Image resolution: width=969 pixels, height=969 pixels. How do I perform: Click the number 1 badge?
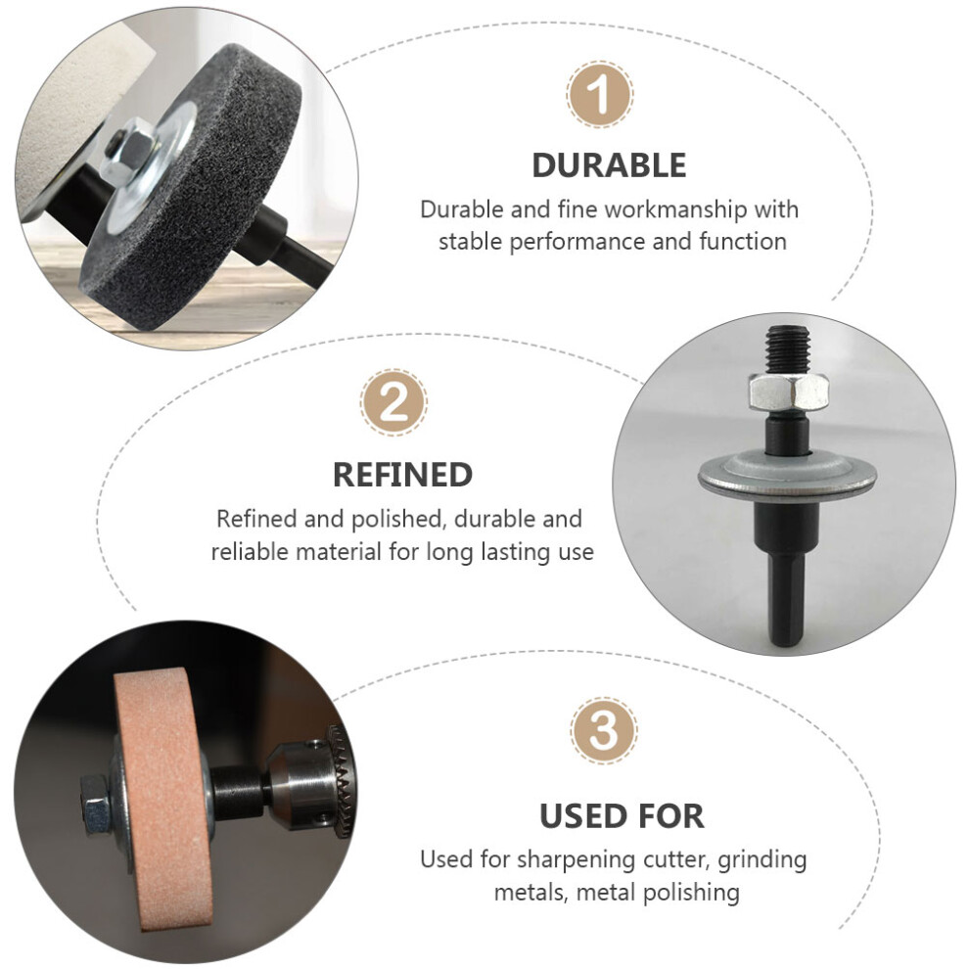click(x=599, y=95)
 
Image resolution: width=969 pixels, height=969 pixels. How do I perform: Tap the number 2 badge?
click(x=393, y=403)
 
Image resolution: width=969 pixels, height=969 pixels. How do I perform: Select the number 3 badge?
click(x=603, y=729)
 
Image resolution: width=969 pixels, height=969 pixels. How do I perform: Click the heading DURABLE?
click(x=609, y=165)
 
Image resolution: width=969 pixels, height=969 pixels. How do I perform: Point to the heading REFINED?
click(x=402, y=475)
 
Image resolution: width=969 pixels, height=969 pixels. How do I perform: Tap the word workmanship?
click(x=675, y=209)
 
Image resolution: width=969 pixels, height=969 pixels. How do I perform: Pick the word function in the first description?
click(x=743, y=241)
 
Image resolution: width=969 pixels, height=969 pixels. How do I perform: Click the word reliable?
click(x=250, y=551)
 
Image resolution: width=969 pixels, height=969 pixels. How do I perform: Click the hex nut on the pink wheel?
click(x=94, y=806)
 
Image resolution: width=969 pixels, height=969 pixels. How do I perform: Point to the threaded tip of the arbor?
click(x=788, y=349)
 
